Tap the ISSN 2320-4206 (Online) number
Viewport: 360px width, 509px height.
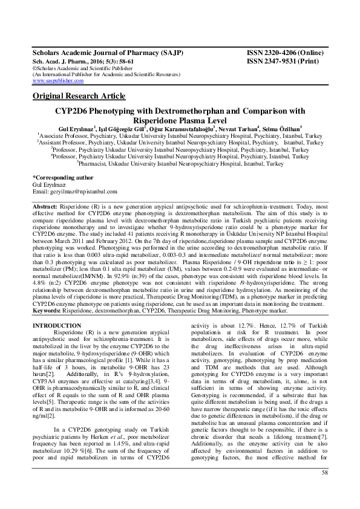(287, 53)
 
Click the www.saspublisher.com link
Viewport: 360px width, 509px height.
(57, 80)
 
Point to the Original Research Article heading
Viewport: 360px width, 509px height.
(79, 96)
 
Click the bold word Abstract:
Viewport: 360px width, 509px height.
(45, 207)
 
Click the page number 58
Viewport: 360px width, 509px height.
(325, 488)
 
